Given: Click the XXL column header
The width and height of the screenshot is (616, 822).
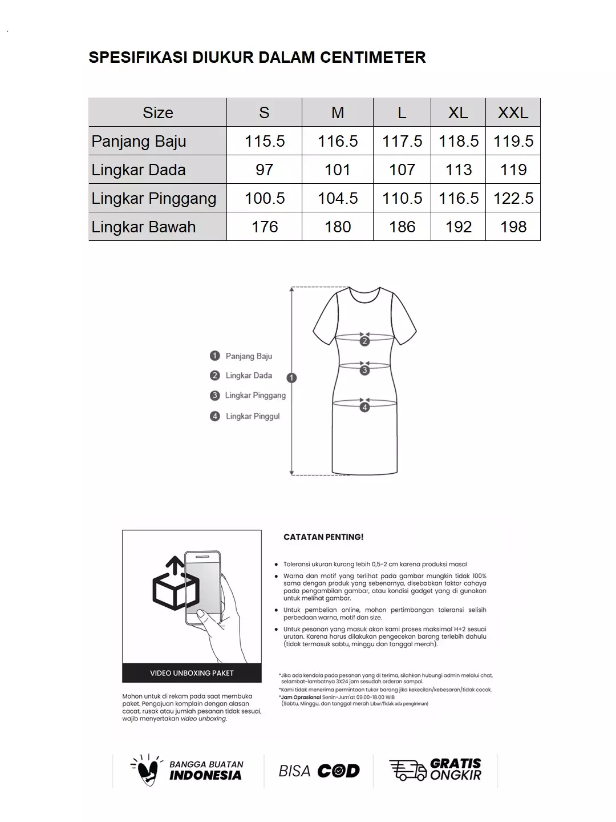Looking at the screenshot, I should click(513, 112).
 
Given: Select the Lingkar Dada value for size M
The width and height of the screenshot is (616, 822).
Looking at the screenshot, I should click(337, 170).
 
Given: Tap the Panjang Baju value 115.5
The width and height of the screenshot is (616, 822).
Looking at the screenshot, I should click(265, 141).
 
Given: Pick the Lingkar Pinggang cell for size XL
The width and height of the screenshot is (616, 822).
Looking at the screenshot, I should click(459, 198).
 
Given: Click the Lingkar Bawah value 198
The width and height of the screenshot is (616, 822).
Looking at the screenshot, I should click(513, 227).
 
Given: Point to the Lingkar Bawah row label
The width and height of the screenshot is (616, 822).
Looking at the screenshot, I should click(144, 227).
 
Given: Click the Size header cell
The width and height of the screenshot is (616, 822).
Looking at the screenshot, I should click(157, 112).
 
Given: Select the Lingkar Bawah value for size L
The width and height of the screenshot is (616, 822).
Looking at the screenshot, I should click(402, 227).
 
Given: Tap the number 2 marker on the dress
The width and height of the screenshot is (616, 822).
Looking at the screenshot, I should click(365, 341).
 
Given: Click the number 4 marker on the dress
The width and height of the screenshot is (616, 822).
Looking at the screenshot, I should click(365, 407).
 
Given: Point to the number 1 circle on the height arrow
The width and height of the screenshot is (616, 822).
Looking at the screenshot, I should click(292, 378).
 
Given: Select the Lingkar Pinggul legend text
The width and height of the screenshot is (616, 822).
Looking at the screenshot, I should click(253, 416).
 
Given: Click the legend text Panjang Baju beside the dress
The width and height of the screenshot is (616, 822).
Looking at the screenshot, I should click(249, 356).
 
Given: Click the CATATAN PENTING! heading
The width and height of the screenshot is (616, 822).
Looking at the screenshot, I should click(323, 537).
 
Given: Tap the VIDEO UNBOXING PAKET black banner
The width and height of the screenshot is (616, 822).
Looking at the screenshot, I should click(192, 673).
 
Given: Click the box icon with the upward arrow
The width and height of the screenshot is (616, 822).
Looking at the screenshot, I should click(175, 585).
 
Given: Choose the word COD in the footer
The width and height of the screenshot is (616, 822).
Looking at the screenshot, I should click(338, 771).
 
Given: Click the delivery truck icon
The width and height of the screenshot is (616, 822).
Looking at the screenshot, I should click(407, 770).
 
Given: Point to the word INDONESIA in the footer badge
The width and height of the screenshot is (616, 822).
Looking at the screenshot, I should click(205, 775).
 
